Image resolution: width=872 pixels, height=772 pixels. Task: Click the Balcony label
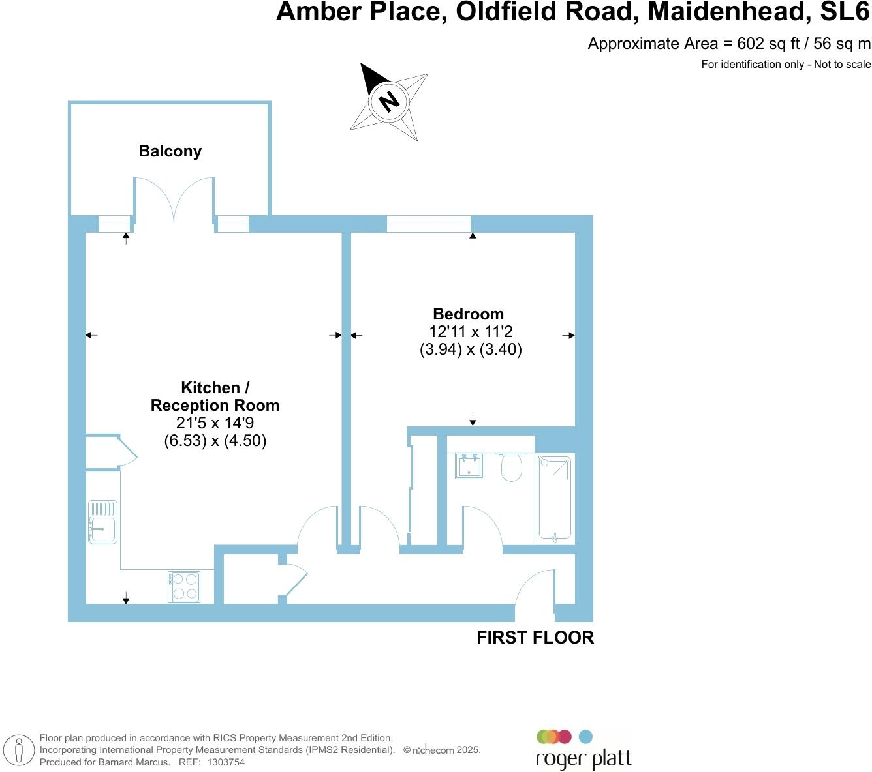[x=170, y=151]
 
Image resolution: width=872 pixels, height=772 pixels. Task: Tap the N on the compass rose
[x=389, y=101]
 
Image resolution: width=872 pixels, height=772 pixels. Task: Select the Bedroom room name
[x=468, y=314]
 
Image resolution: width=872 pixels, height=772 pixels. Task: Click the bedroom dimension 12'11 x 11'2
[x=471, y=331]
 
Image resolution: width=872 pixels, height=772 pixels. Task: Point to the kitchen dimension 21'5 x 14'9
[x=215, y=423]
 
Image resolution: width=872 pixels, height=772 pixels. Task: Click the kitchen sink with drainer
[x=102, y=522]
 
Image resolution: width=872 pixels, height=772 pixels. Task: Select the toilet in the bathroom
[x=511, y=467]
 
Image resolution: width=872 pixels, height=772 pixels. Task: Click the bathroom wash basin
[x=469, y=466]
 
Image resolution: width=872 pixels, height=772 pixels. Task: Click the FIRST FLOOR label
[x=535, y=638]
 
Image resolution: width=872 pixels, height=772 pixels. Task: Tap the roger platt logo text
[x=584, y=760]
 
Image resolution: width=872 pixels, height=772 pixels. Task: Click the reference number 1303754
[x=226, y=762]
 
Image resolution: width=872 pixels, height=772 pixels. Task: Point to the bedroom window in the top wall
[x=428, y=224]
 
